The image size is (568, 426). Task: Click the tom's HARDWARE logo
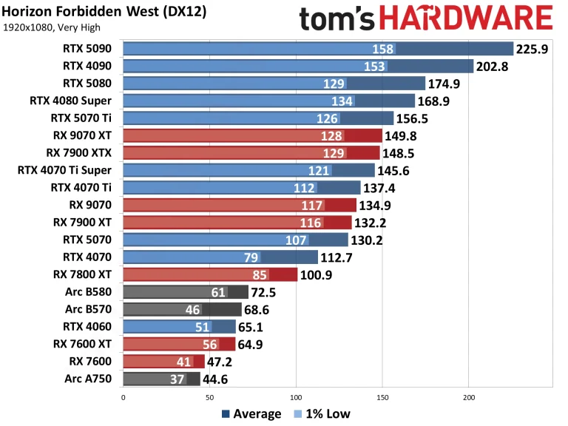427,18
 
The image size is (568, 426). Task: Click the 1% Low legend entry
323,414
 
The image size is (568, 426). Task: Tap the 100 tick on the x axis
296,396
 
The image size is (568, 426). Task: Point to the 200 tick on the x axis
468,396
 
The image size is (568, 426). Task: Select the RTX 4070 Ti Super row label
67,170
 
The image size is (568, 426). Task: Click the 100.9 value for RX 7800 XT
317,275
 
